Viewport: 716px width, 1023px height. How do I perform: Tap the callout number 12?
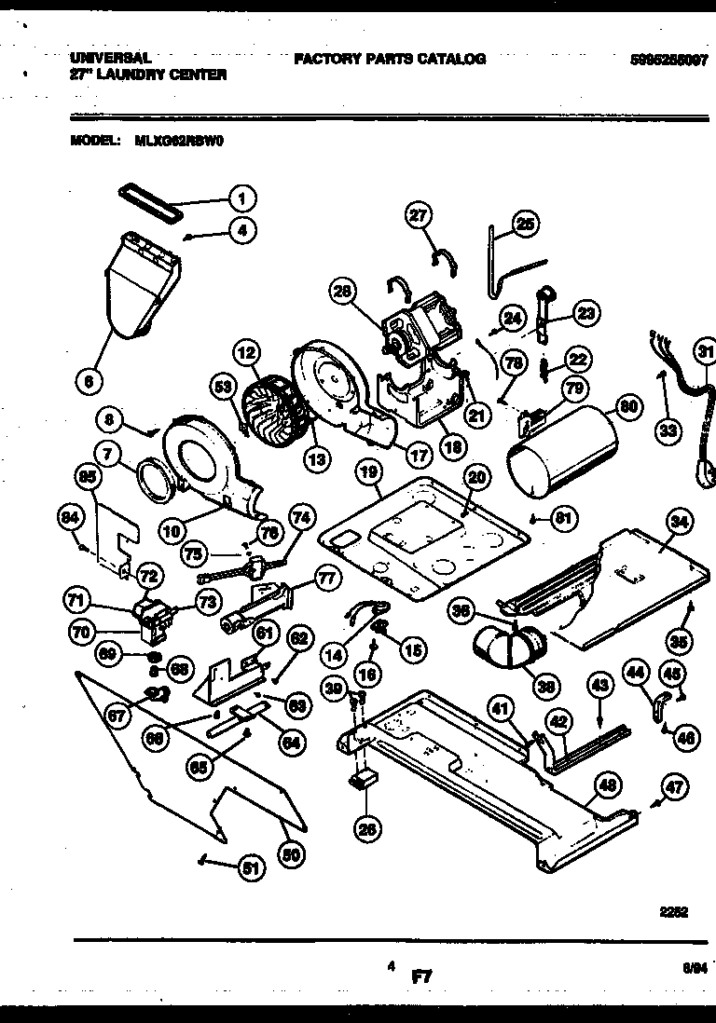click(246, 353)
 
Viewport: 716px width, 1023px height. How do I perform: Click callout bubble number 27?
click(419, 215)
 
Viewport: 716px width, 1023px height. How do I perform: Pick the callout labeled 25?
click(525, 224)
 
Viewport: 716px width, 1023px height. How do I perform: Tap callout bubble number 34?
click(680, 523)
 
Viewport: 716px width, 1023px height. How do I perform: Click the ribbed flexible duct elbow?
click(511, 646)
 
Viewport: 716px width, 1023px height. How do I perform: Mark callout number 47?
click(675, 787)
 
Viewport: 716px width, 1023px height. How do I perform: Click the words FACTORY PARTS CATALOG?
click(390, 59)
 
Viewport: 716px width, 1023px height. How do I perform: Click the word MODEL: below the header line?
click(94, 143)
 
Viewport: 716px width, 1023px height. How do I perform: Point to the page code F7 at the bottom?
click(423, 976)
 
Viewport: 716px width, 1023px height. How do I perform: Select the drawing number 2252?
click(674, 913)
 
